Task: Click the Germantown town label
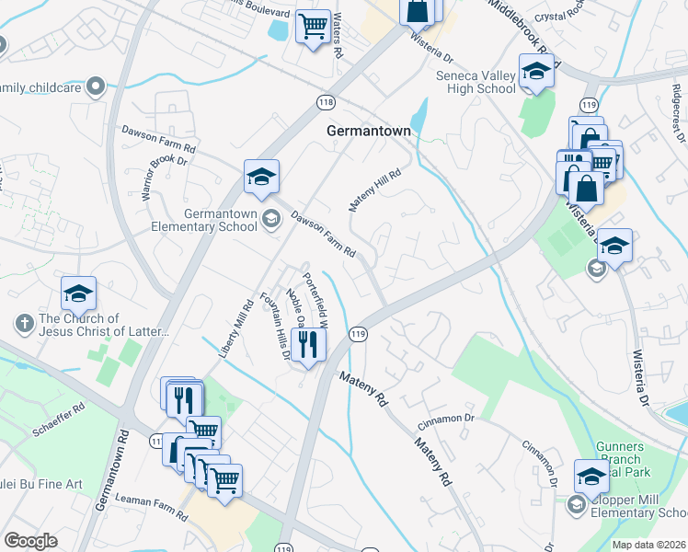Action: coord(368,132)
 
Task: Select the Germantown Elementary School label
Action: coord(221,220)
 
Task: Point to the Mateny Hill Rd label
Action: coord(375,189)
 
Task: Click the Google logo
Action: coord(30,541)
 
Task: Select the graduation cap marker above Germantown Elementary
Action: coord(261,176)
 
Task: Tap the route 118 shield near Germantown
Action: coord(325,102)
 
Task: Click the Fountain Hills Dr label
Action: coord(275,327)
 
